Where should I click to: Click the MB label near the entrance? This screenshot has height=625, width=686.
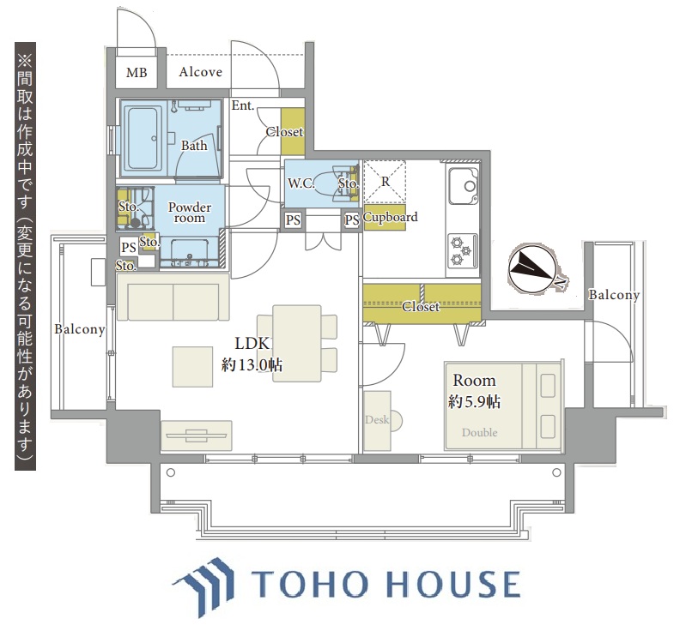point(137,72)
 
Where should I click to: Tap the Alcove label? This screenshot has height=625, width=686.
point(200,72)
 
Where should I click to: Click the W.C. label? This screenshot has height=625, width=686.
point(301,183)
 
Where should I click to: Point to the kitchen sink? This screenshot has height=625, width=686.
point(464,186)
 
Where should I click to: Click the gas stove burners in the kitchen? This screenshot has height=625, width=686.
point(463,250)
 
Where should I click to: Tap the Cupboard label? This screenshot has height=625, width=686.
point(391,217)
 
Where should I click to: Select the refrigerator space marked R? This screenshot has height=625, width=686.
point(385,182)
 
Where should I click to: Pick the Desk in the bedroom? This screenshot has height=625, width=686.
point(377,421)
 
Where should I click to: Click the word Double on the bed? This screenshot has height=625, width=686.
point(479,432)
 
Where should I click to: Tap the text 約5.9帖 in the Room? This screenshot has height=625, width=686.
point(474,401)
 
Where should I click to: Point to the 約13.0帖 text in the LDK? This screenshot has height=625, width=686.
point(252,364)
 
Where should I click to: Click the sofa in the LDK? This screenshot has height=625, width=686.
point(173,297)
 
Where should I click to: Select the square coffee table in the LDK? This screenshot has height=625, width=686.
point(192,367)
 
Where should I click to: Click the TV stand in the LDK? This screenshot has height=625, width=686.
point(197,436)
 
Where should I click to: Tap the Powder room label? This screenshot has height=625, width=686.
point(190,213)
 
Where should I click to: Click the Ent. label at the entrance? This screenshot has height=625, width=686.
point(243,105)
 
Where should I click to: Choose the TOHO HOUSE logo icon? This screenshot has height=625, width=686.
point(203,586)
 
